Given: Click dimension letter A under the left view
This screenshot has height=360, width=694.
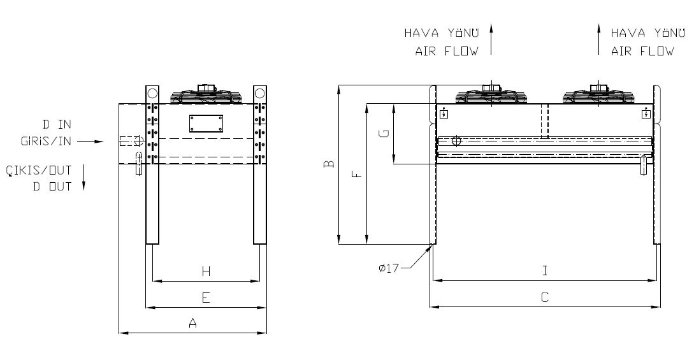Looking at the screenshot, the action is coord(192,323).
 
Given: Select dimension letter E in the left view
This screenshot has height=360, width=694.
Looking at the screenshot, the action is coord(206,298).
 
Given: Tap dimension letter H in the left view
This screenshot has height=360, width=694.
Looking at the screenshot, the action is coord(206,271).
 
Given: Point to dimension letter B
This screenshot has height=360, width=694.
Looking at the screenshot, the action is coord(329,164).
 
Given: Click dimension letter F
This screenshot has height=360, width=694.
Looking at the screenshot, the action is coord(357,174).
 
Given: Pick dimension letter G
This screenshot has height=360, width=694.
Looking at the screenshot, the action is coord(385,133).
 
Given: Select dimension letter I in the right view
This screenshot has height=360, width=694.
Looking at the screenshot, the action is coord(545,271).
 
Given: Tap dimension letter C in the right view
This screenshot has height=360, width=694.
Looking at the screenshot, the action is coord(545,297).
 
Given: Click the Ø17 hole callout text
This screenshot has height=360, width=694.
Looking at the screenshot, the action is coord(389,268).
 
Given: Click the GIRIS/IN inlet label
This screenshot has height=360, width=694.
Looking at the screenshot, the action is coord(46,141).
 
